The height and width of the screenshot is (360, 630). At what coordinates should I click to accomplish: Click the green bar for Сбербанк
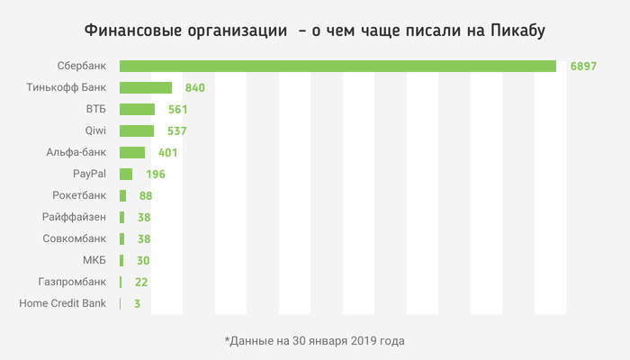[337, 66]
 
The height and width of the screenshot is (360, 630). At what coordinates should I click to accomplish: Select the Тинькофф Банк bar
[146, 87]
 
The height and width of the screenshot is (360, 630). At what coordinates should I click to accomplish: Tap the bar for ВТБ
[137, 109]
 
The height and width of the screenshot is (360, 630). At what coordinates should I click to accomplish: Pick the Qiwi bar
[137, 130]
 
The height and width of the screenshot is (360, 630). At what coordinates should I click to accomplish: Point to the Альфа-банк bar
[132, 152]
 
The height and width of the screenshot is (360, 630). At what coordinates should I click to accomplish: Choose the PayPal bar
[126, 174]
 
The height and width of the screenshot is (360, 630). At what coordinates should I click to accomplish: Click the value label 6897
[583, 67]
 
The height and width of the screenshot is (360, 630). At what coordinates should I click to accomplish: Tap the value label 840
[196, 88]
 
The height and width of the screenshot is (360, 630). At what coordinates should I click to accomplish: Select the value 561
[178, 110]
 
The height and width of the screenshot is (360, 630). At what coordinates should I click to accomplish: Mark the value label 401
[168, 153]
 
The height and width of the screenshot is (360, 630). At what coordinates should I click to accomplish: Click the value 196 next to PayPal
[155, 175]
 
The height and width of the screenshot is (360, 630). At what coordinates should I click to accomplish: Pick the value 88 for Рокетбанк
[144, 195]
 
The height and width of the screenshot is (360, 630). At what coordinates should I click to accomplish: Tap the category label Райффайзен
[74, 217]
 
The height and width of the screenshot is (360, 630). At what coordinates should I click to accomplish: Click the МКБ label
[94, 260]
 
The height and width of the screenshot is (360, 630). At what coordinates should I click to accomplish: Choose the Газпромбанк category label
[72, 282]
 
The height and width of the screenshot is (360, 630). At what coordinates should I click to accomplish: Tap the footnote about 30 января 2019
[315, 341]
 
